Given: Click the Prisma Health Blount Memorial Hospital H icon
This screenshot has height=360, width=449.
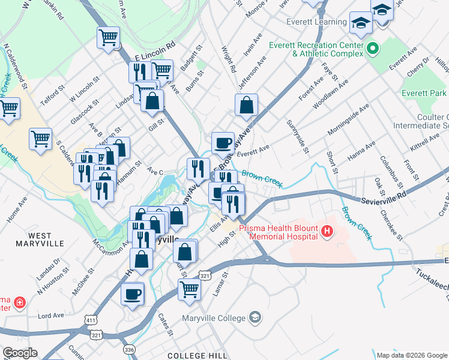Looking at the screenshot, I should click(x=327, y=231).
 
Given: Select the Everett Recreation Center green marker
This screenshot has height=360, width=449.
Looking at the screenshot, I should click(x=372, y=47).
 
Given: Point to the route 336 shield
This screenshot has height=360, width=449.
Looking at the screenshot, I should click(x=128, y=349).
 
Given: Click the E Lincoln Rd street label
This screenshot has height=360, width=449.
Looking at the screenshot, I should click(x=154, y=50).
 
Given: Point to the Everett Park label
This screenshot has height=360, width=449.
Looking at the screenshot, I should click(x=424, y=93).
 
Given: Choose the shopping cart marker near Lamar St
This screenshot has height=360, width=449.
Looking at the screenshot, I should click(x=189, y=289).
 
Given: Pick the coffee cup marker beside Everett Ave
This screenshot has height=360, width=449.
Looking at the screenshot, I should click(x=223, y=143).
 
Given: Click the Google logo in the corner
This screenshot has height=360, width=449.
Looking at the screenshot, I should click(x=20, y=353).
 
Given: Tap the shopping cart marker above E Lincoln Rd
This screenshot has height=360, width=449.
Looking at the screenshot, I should click(x=108, y=38).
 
